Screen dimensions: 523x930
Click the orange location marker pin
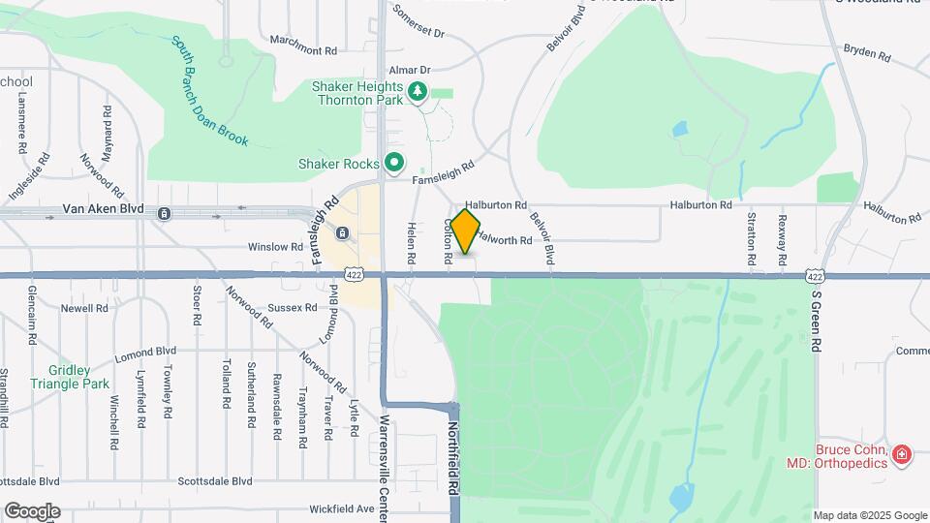point(465,231)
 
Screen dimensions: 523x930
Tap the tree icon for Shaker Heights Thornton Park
point(418,92)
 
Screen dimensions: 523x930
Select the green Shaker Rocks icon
point(393,162)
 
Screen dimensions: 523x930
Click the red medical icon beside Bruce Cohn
point(902,454)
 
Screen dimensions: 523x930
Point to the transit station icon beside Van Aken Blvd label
point(165,213)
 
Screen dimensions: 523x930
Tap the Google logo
point(32,511)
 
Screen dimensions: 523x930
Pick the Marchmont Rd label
point(303,50)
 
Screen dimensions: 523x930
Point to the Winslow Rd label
point(276,247)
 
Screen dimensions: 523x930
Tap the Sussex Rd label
point(293,308)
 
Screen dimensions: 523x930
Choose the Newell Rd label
point(84,308)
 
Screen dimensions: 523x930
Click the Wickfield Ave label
point(342,508)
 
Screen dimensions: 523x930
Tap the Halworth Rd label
point(505,239)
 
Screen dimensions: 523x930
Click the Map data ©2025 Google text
point(870,515)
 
